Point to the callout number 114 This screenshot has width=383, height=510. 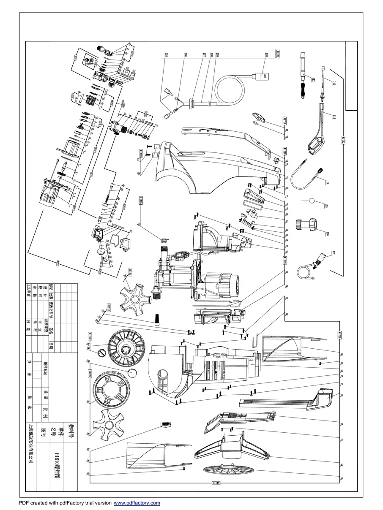[x=327, y=182]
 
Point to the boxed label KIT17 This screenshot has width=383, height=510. [x=285, y=120]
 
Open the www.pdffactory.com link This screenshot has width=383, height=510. [x=137, y=503]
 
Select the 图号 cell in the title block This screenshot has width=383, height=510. [x=42, y=430]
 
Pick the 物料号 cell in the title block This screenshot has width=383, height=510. [x=71, y=430]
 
